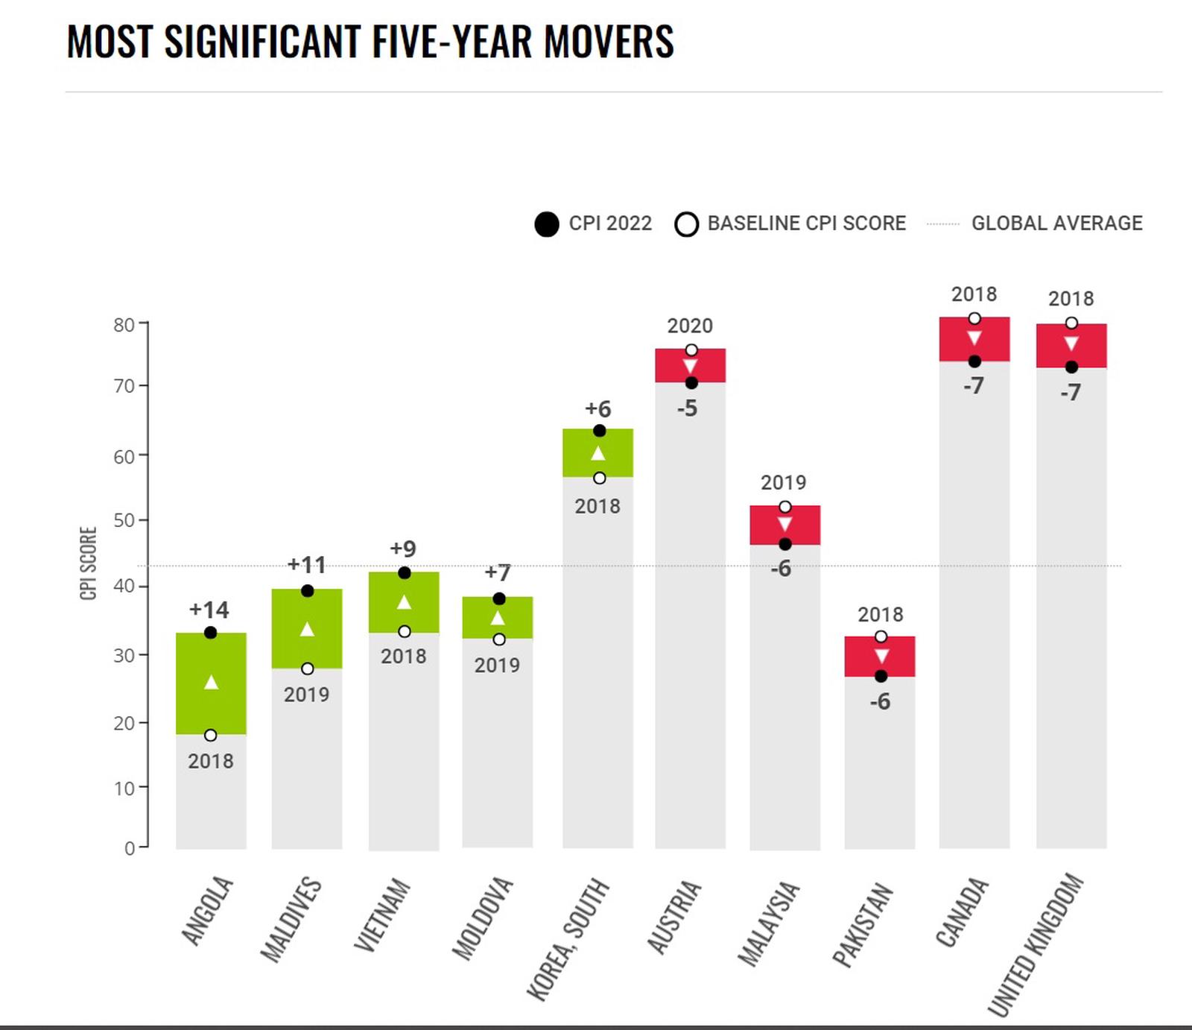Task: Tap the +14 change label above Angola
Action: pos(209,610)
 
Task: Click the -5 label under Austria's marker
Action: pos(688,408)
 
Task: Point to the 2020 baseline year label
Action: pos(690,326)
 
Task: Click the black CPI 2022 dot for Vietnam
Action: pos(404,573)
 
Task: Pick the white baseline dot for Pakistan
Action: pos(881,636)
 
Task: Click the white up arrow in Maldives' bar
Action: pos(307,630)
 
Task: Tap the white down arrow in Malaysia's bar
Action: pos(784,524)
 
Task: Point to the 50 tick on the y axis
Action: pos(124,520)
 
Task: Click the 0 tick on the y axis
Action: pos(130,848)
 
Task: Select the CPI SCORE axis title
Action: pos(89,563)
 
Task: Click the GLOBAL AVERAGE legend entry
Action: pos(1056,223)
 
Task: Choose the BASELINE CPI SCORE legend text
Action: pos(806,223)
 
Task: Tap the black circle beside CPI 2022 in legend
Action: pos(547,224)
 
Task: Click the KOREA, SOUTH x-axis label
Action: pos(568,939)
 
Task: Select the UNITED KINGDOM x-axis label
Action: pos(1035,944)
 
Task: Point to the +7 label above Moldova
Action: pos(498,572)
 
